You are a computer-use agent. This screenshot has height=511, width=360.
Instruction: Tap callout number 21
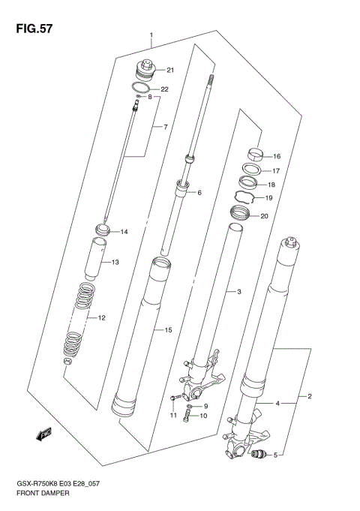click(x=170, y=71)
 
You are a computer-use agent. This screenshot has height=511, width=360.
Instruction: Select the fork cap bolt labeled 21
click(x=144, y=72)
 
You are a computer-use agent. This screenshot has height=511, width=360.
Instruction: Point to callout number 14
click(x=124, y=232)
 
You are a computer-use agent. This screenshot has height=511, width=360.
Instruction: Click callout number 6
click(x=199, y=193)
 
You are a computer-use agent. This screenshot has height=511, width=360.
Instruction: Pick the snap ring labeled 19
click(x=246, y=198)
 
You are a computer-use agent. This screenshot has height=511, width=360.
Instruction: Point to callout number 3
click(x=238, y=291)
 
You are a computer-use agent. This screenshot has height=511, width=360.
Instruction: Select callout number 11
click(x=172, y=416)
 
